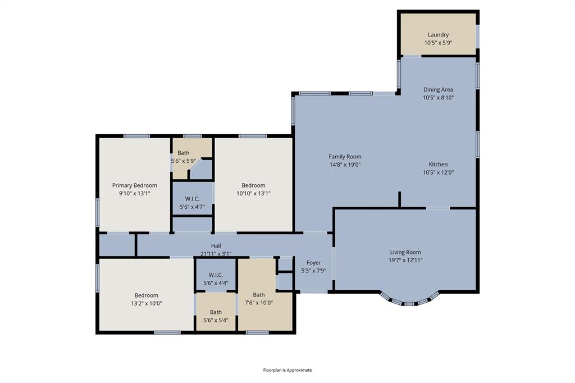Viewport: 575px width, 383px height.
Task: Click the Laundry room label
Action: coord(438,35)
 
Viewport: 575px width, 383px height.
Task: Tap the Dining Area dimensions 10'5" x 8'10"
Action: coord(438,97)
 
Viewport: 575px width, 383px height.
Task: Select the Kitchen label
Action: coord(438,165)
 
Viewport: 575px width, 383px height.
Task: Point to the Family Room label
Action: coord(345,157)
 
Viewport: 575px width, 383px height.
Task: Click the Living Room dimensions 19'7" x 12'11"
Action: coord(405,260)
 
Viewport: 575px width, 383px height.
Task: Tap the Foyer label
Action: coord(313,263)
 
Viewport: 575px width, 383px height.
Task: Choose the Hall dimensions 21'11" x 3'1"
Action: coord(216,253)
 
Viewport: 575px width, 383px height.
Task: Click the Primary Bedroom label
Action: coord(134,185)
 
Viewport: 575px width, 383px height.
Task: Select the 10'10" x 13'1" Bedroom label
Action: coord(253,185)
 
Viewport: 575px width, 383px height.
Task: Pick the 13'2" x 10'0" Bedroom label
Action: coord(146,295)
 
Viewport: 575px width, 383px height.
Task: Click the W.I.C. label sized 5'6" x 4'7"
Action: coord(192,199)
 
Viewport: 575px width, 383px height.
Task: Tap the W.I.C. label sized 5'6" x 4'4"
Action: coord(216,275)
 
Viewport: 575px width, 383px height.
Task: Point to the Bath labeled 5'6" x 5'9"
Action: coord(184,153)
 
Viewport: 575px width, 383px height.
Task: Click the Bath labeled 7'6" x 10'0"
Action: coord(258,295)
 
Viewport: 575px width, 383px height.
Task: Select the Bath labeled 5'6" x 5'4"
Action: coord(216,312)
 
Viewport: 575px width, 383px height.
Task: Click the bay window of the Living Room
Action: coord(409,302)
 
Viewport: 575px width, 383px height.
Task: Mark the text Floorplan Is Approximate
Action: coord(287,370)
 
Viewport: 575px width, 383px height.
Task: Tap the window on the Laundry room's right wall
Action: coord(478,35)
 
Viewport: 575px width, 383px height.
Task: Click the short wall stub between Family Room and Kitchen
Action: coord(399,199)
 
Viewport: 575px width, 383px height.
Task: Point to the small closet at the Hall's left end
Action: coord(117,245)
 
